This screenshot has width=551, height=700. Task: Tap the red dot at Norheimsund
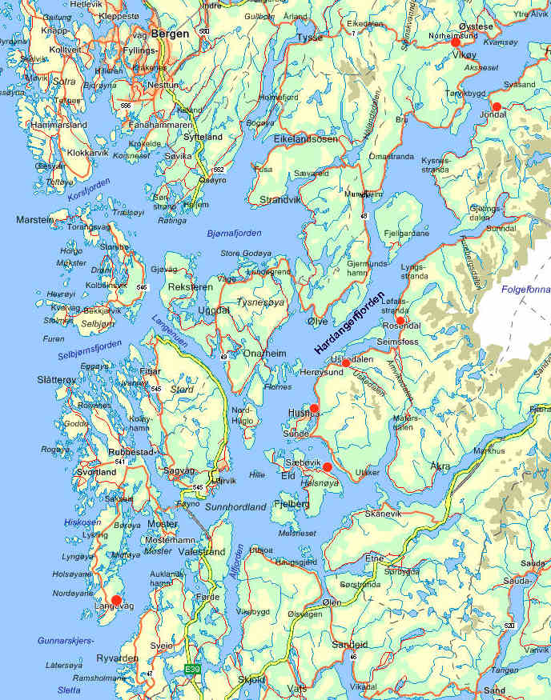[x=456, y=42]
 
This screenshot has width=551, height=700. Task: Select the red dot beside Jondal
[x=497, y=106]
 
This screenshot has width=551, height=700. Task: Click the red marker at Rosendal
[x=400, y=321]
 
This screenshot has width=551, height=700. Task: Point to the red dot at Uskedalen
[x=346, y=363]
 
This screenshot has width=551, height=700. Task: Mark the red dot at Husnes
[x=314, y=408]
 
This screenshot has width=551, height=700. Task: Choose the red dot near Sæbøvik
[x=327, y=466]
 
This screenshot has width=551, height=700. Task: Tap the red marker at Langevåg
[x=116, y=599]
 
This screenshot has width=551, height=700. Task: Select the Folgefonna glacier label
[x=525, y=290]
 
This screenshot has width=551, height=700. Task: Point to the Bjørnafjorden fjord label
[x=233, y=233]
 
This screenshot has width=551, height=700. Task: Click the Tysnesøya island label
[x=260, y=302]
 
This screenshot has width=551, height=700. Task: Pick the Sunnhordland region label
[x=235, y=507]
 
